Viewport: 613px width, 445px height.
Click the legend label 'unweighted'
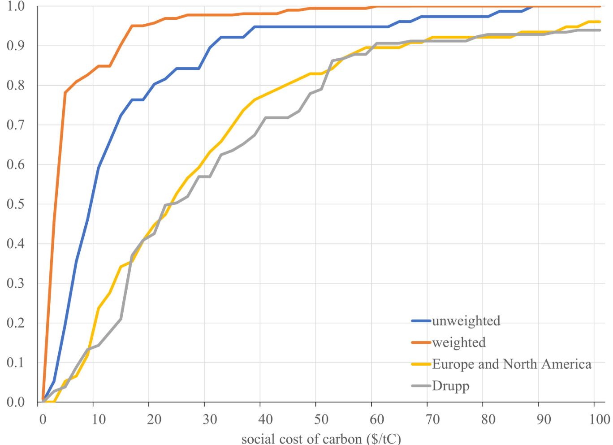click(466, 321)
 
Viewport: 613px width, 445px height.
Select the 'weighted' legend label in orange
click(459, 343)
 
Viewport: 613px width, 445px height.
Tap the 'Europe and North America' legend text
click(512, 364)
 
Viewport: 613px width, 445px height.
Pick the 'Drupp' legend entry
click(451, 386)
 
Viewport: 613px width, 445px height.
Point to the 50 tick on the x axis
click(321, 419)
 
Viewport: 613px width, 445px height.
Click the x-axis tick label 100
click(600, 419)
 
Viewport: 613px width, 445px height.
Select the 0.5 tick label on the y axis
click(16, 204)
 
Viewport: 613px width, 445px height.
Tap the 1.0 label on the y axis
click(16, 6)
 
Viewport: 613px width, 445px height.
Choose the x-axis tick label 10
click(99, 419)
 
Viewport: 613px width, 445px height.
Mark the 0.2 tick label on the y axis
click(16, 323)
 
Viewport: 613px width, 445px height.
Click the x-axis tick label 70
click(433, 419)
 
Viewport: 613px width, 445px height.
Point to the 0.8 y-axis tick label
click(16, 85)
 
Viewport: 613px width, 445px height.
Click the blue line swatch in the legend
click(421, 321)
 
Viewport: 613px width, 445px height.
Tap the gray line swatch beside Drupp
click(421, 386)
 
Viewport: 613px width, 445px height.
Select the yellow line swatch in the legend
click(421, 364)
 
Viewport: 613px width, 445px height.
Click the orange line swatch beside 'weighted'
click(421, 343)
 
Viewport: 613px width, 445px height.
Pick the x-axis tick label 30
click(210, 419)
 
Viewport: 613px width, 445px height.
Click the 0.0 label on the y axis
click(16, 402)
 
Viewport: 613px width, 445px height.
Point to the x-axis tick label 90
click(544, 419)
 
